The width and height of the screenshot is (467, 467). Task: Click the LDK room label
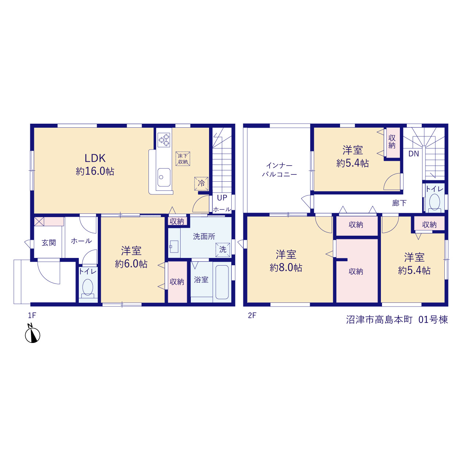coord(95,158)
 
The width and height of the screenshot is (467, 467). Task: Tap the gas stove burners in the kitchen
coord(164,140)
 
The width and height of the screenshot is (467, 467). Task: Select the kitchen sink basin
coord(164,177)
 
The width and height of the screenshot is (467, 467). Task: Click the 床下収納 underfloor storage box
coord(183,159)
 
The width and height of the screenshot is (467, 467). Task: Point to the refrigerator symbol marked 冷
coord(201,184)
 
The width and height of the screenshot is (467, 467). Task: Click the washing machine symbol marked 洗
coord(223,250)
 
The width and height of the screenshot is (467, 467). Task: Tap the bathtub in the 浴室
coord(222,282)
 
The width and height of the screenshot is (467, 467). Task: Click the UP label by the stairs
coord(222,198)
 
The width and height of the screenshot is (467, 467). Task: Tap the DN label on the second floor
coord(413,154)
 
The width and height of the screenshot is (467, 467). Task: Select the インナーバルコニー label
coord(279,170)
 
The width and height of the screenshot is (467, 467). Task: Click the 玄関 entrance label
coord(49,243)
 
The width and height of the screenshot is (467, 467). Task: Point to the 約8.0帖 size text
coord(286,268)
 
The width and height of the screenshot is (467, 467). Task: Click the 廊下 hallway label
coord(399,203)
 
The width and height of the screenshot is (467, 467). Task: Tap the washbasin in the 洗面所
coord(174,247)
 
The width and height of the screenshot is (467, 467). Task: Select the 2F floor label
coord(252,315)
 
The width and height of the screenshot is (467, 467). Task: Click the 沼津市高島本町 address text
coord(379,320)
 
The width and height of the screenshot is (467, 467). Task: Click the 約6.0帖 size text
coord(131,264)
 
